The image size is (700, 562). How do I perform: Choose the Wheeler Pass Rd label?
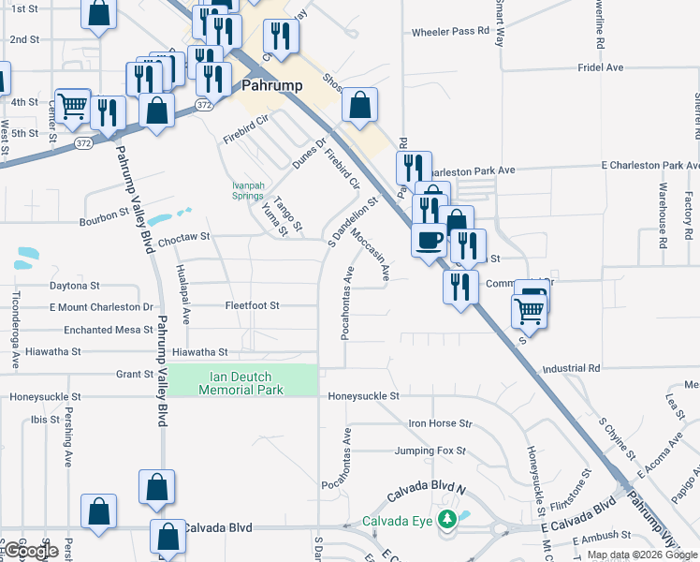click(x=451, y=31)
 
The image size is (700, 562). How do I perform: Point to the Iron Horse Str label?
click(x=440, y=423)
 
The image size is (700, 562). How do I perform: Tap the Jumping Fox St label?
click(x=430, y=451)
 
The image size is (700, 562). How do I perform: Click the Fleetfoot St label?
click(x=252, y=305)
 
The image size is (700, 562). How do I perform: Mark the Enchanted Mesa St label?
click(x=108, y=330)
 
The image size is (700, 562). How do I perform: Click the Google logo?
click(x=32, y=552)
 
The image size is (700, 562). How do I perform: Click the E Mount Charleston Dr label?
click(x=101, y=306)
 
